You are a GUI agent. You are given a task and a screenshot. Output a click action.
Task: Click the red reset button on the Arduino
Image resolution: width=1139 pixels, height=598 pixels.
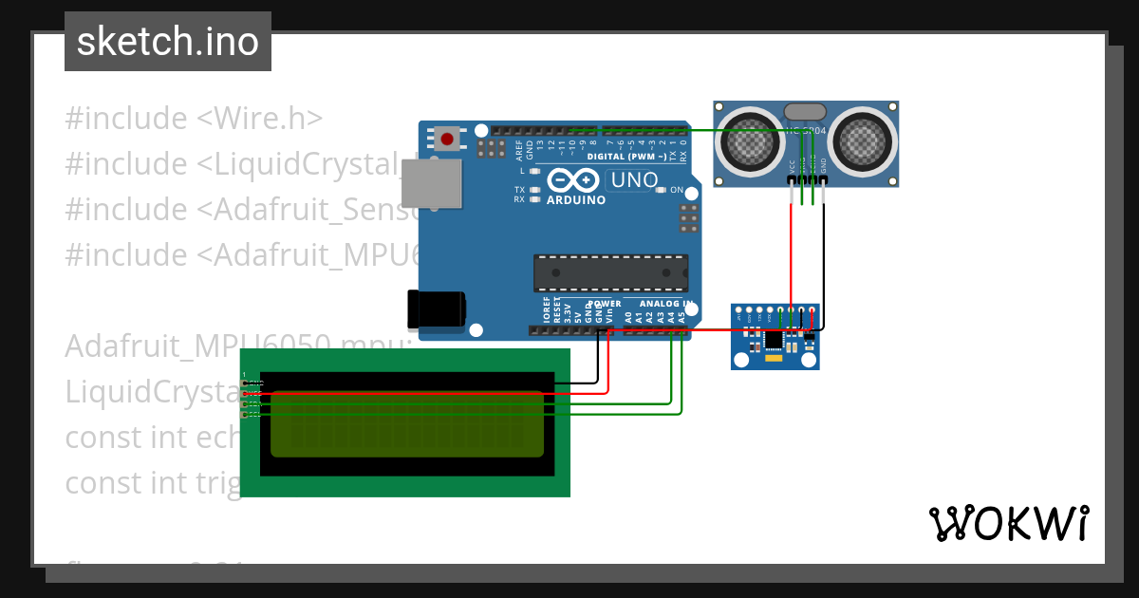(447, 140)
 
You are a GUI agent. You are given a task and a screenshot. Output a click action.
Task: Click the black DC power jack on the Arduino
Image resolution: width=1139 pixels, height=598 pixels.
(436, 309)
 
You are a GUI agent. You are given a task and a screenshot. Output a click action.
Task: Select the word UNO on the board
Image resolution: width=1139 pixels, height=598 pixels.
(633, 179)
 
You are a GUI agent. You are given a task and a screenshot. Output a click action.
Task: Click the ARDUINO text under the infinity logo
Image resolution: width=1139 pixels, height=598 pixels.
(576, 200)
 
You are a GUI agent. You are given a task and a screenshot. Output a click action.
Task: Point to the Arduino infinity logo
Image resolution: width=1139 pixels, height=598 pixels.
(573, 180)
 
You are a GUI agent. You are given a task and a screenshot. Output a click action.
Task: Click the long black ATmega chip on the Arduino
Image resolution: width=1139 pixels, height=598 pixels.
(610, 271)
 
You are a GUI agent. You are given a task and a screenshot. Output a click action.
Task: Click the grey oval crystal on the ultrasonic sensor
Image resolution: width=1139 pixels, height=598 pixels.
(806, 112)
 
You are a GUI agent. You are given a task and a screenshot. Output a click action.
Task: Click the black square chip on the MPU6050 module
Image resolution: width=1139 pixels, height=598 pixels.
(775, 339)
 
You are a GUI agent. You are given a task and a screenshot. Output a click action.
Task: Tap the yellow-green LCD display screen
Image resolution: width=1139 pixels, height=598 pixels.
(407, 423)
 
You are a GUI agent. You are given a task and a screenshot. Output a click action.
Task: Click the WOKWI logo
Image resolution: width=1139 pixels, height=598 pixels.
(1008, 523)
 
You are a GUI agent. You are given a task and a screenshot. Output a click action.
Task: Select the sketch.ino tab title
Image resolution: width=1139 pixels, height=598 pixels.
(168, 42)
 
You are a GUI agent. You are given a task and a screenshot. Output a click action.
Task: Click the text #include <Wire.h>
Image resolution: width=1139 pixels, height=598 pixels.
(194, 119)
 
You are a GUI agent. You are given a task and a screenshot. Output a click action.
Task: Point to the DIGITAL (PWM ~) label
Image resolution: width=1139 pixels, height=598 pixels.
(626, 156)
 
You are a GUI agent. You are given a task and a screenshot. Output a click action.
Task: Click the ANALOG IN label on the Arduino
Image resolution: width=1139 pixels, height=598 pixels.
(665, 304)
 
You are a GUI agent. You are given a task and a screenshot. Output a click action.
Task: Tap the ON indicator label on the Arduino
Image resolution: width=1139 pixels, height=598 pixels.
(677, 190)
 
